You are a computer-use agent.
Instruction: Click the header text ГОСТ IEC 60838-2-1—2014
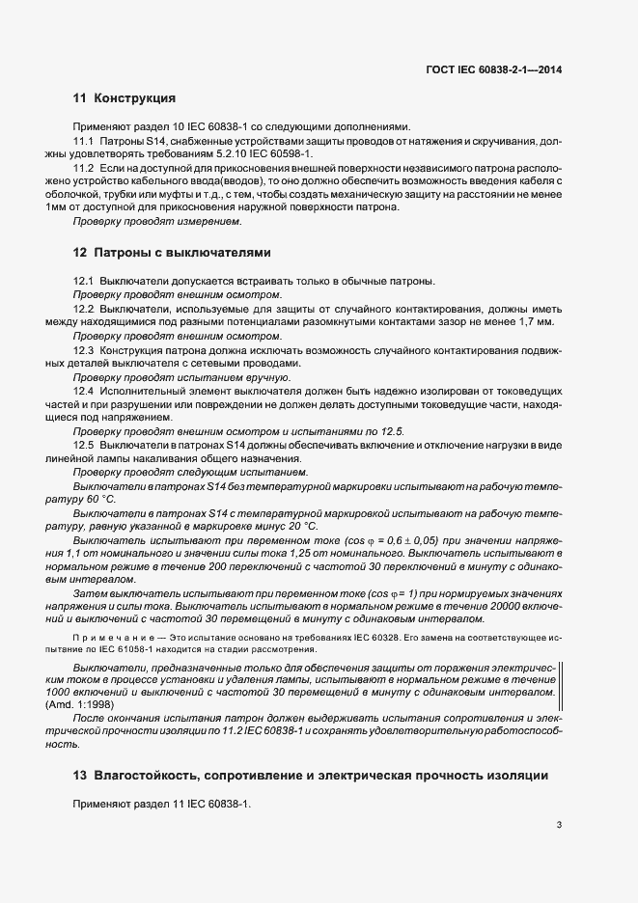pyautogui.click(x=494, y=69)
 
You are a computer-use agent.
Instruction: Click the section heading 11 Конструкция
pyautogui.click(x=124, y=98)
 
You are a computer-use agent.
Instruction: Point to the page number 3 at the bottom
pyautogui.click(x=560, y=824)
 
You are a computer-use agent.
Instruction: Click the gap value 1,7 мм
pyautogui.click(x=537, y=321)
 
